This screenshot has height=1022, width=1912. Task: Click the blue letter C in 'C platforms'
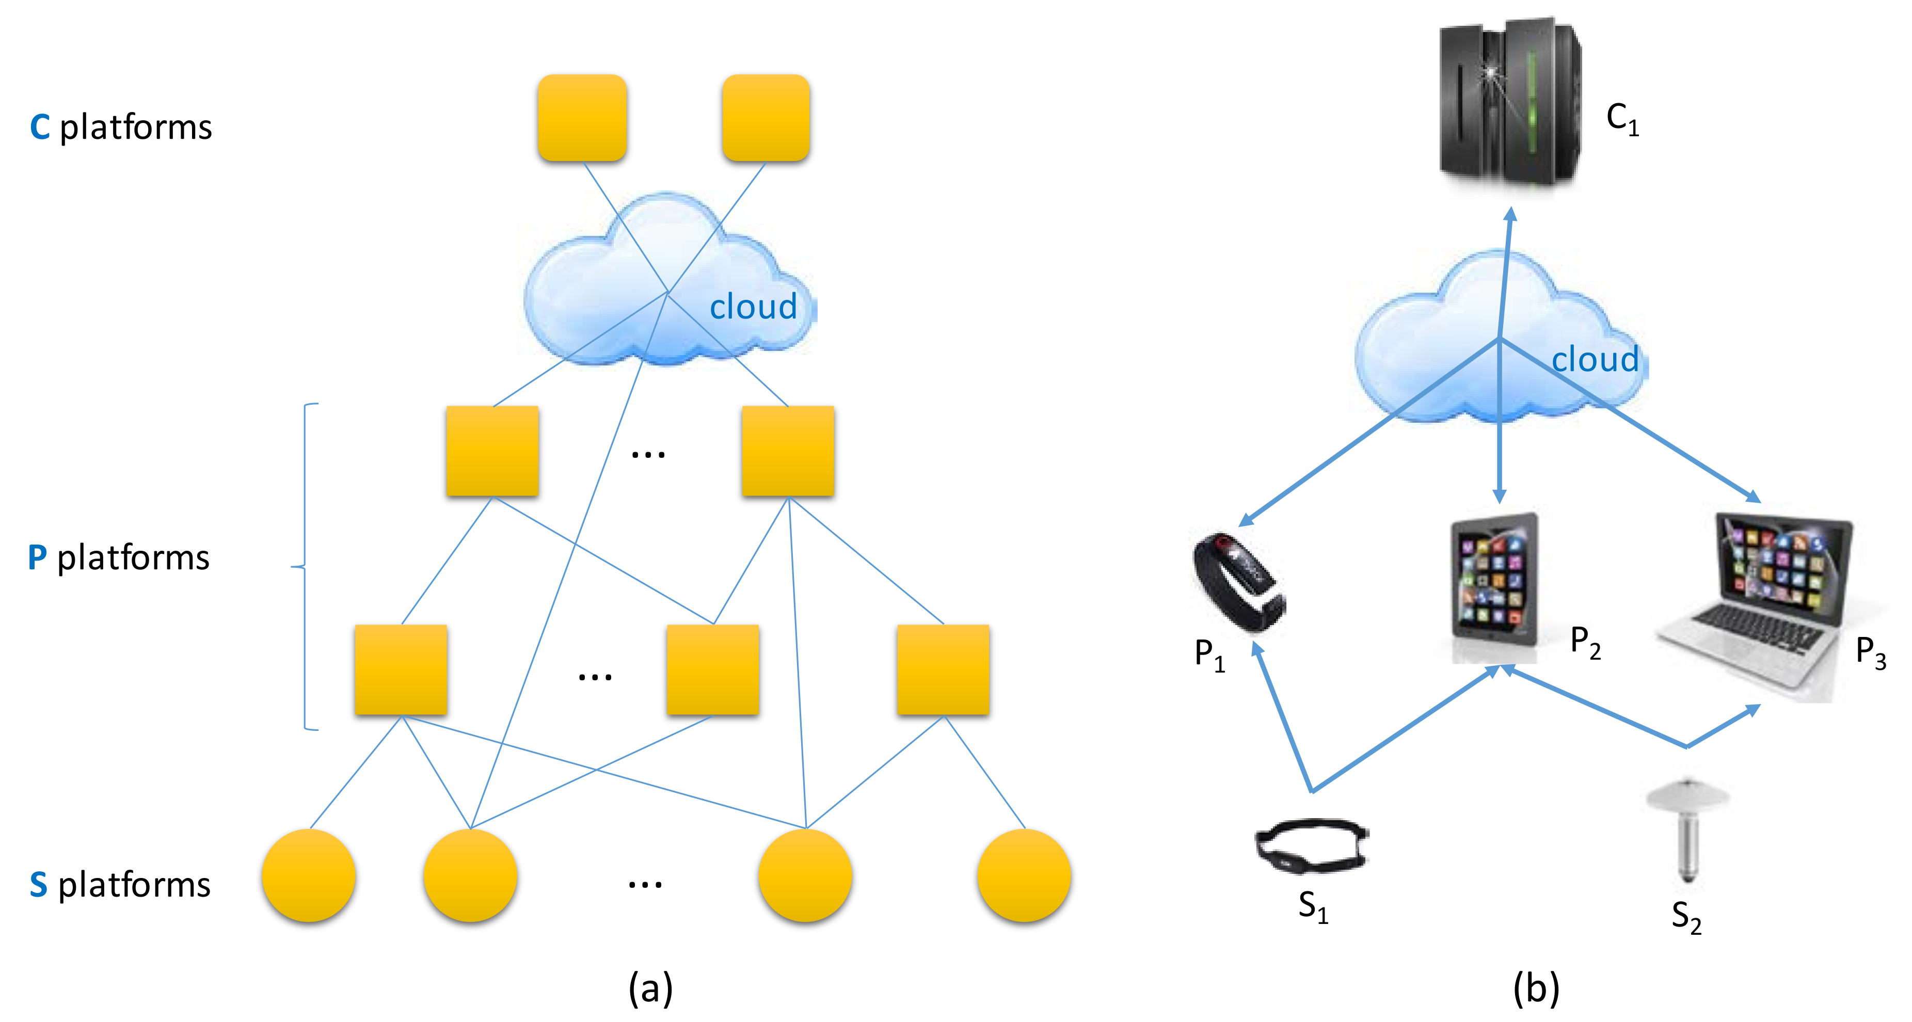(39, 127)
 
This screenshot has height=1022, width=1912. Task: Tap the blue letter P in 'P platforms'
(37, 557)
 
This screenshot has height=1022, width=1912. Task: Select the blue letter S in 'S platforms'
(39, 885)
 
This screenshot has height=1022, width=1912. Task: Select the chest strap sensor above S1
(1312, 845)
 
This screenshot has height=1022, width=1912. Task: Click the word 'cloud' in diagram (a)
(753, 307)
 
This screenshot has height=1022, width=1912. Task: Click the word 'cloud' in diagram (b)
(1595, 359)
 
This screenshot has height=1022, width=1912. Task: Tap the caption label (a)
(650, 988)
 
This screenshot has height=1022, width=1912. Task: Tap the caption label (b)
(1536, 988)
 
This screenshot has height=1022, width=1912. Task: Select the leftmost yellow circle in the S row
(309, 876)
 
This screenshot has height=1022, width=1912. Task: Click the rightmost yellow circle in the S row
(1024, 876)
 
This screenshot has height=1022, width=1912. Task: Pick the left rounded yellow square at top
(582, 117)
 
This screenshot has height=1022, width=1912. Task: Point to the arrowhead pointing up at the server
(1510, 215)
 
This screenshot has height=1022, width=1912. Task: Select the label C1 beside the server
(1622, 119)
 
